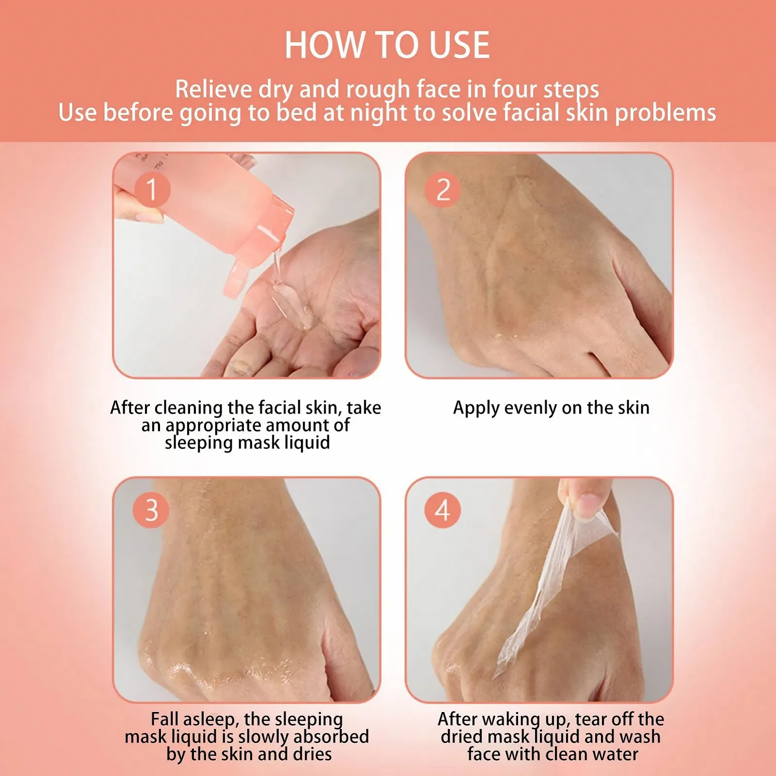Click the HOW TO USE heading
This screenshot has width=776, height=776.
point(387,45)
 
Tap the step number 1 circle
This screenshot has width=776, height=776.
point(152,189)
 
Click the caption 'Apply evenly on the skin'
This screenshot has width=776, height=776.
point(551,408)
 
